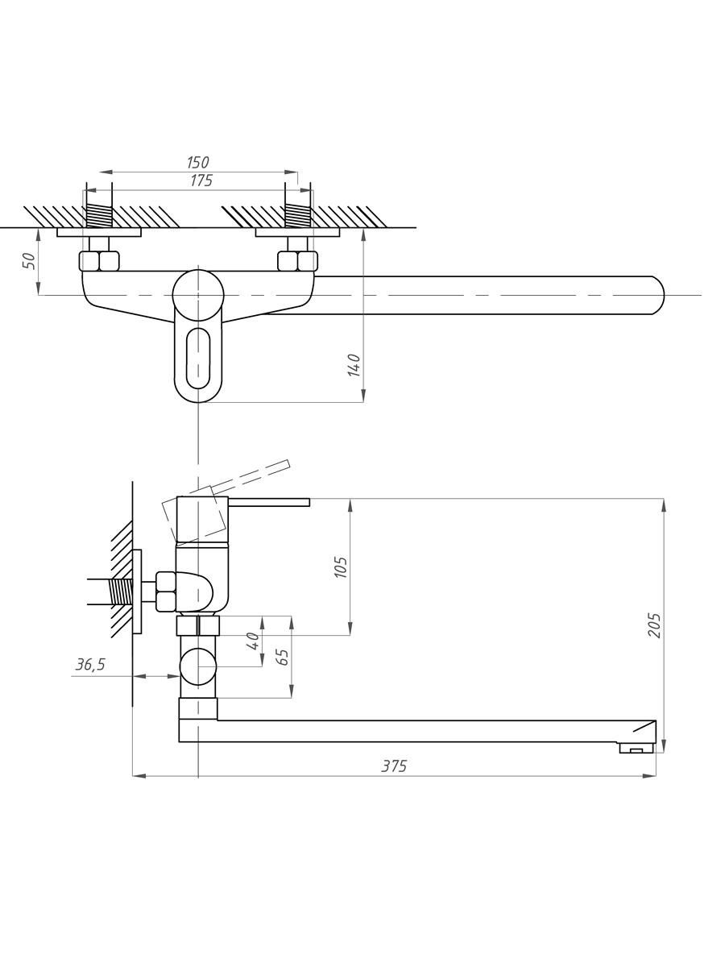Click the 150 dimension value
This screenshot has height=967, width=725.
pos(197,163)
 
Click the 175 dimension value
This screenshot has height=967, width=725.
pos(201,181)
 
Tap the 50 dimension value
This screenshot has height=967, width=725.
pos(28,261)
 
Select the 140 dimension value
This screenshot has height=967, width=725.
pos(354,365)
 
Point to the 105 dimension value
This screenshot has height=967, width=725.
pos(341,567)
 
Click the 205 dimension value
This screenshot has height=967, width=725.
pos(655,625)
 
